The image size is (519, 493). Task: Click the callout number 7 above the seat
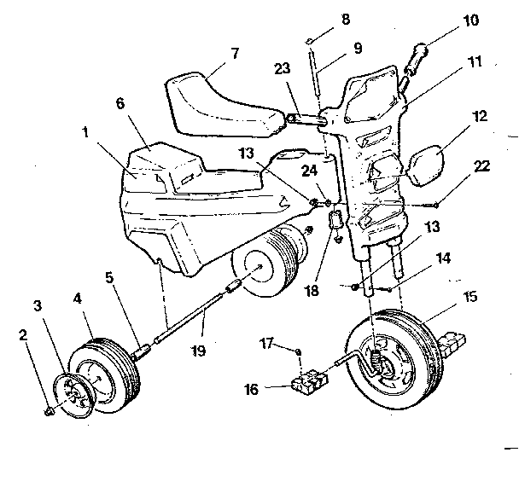point(235,53)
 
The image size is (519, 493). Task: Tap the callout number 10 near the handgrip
point(470,20)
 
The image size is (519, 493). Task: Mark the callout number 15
point(469,298)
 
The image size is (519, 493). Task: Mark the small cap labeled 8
point(309,39)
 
